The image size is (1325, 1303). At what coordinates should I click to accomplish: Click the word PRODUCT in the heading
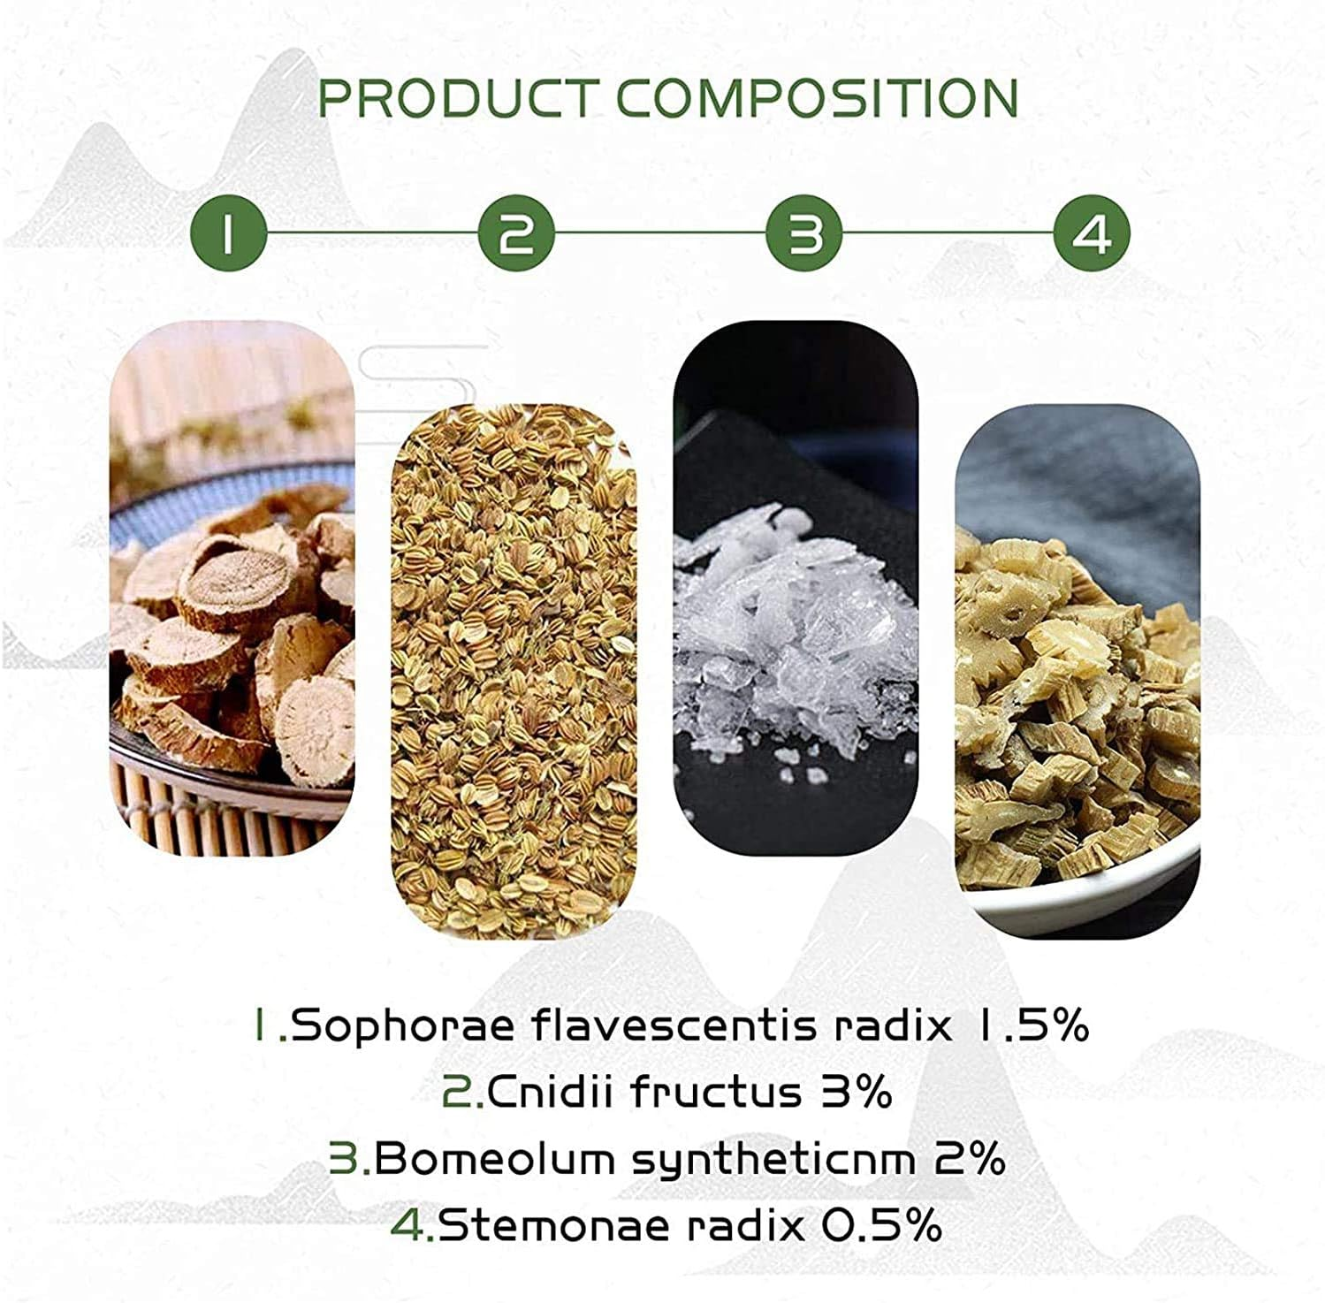(458, 98)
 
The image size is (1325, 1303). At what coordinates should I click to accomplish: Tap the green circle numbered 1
(229, 233)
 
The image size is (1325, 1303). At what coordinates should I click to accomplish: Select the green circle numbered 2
(516, 233)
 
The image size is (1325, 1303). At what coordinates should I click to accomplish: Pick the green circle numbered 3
(804, 233)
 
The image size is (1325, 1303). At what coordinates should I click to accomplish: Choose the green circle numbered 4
(1093, 233)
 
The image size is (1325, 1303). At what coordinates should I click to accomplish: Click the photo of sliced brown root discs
(232, 588)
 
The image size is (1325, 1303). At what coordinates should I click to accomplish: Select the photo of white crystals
(796, 588)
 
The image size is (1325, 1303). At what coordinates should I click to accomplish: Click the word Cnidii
(549, 1093)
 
